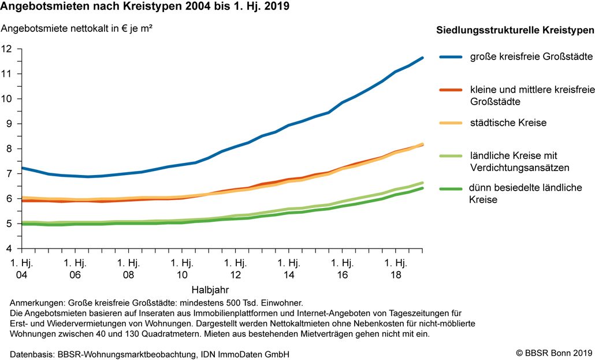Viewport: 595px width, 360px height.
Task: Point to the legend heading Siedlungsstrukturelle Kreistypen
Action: coord(515,31)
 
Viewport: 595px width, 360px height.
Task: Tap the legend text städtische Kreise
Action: coord(508,123)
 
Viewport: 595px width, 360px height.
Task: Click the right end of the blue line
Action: coord(422,58)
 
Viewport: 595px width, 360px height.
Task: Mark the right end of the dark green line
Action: coord(422,188)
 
